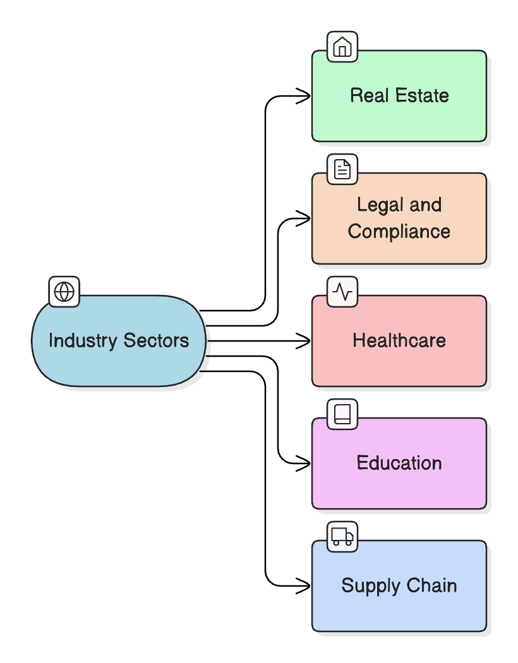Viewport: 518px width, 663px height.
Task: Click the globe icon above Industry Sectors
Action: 64,292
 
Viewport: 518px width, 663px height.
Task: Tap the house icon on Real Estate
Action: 342,47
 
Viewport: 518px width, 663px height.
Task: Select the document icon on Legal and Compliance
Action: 342,169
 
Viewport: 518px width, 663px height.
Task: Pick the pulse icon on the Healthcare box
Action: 342,292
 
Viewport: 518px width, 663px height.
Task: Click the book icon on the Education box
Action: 342,414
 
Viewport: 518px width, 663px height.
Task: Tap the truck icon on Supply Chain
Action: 342,537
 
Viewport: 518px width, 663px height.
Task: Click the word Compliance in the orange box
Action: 399,232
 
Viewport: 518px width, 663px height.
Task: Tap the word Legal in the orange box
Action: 377,205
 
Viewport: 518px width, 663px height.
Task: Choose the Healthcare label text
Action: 399,341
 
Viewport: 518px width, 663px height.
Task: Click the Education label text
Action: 399,463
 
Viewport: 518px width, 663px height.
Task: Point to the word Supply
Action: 368,586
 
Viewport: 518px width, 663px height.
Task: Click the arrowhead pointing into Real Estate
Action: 305,96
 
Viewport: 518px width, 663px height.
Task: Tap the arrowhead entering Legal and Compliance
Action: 305,218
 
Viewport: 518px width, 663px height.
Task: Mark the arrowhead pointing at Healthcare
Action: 305,341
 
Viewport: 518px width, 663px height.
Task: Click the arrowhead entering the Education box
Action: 305,463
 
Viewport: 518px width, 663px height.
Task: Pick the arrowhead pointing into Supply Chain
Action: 305,586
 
